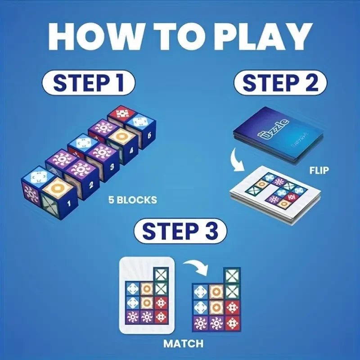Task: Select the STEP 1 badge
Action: click(88, 83)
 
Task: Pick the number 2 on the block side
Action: click(91, 184)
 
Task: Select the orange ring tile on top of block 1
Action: click(57, 184)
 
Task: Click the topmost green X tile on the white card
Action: click(161, 274)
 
